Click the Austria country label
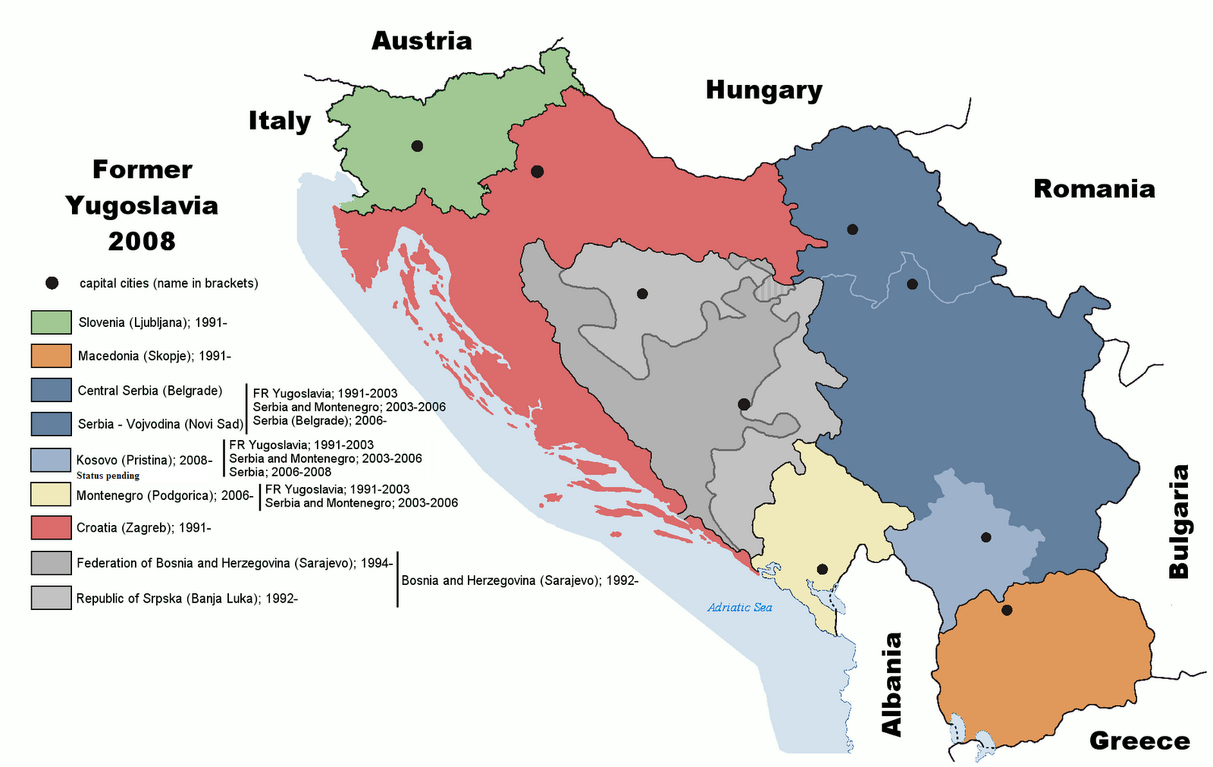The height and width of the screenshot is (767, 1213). tap(422, 40)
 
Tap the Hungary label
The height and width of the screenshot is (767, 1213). tap(763, 90)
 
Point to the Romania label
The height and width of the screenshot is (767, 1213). tap(1094, 188)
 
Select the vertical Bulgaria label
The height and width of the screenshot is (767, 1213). tap(1179, 522)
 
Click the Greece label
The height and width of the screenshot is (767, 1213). tap(1139, 740)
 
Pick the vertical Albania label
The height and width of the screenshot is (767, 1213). tap(892, 684)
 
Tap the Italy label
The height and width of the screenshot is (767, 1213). tap(280, 121)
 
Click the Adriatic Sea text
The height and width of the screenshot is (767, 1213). tap(739, 607)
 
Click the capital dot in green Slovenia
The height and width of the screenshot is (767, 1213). tap(417, 146)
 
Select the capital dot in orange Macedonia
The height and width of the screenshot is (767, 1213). tap(1007, 610)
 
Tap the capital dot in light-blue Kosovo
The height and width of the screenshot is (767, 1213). tap(986, 537)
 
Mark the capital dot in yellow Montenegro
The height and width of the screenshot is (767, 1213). tap(822, 569)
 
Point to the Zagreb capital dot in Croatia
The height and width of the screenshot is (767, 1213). tap(538, 171)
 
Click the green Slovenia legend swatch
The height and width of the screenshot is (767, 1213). tap(51, 322)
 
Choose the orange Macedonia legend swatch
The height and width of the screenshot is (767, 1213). tap(51, 356)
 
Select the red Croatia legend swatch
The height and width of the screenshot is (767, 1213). tap(51, 527)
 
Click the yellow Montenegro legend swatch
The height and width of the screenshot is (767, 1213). tap(51, 495)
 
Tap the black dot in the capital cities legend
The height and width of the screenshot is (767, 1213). tap(52, 283)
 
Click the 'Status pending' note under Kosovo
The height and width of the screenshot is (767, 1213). tap(108, 476)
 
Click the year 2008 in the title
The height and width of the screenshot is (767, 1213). tap(142, 241)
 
